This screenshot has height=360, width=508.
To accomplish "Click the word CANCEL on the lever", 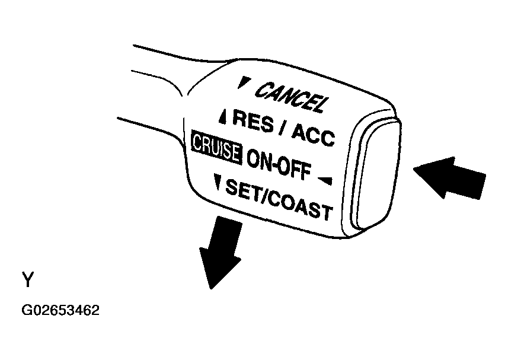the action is tap(290, 97).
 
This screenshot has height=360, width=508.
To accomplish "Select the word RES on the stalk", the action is tap(253, 121).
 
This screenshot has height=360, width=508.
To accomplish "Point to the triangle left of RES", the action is tap(223, 117).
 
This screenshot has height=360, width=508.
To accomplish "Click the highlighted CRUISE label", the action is tap(216, 148).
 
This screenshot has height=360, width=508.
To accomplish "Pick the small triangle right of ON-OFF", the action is tap(325, 180).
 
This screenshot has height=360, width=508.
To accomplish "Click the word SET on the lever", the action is tap(243, 190).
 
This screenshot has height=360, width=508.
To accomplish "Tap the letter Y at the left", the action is tap(28, 280).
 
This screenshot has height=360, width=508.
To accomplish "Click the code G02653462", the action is tap(60, 310).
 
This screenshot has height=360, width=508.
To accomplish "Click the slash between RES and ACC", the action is tap(282, 128).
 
